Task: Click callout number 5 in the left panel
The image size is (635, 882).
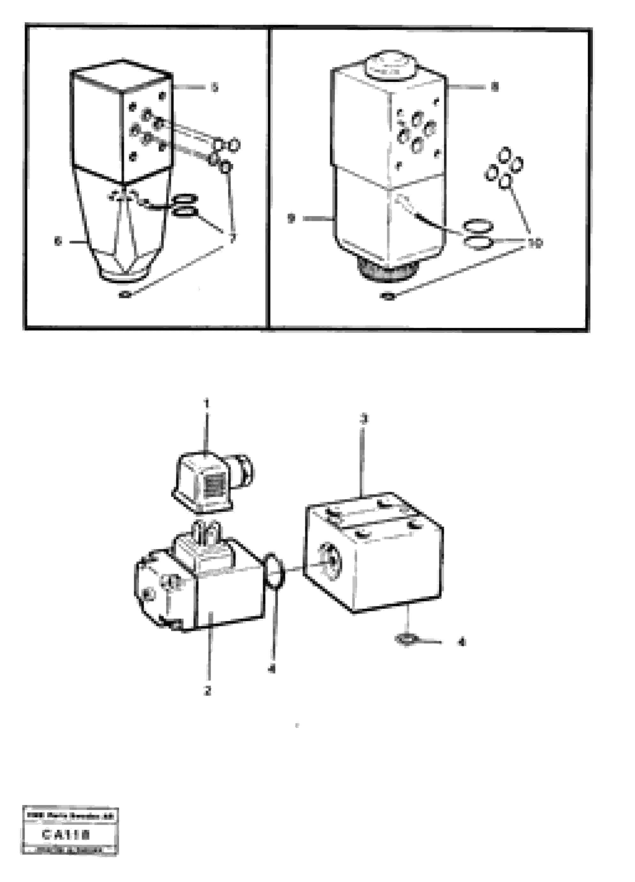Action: [x=214, y=88]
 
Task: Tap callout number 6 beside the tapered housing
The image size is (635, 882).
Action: [x=58, y=242]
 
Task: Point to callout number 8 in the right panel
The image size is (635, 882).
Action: [x=494, y=87]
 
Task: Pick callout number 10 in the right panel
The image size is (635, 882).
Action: [x=535, y=243]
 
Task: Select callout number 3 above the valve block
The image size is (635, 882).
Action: [x=363, y=419]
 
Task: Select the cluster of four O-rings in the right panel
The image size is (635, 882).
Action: [x=504, y=168]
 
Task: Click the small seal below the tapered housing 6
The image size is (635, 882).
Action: [x=125, y=295]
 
